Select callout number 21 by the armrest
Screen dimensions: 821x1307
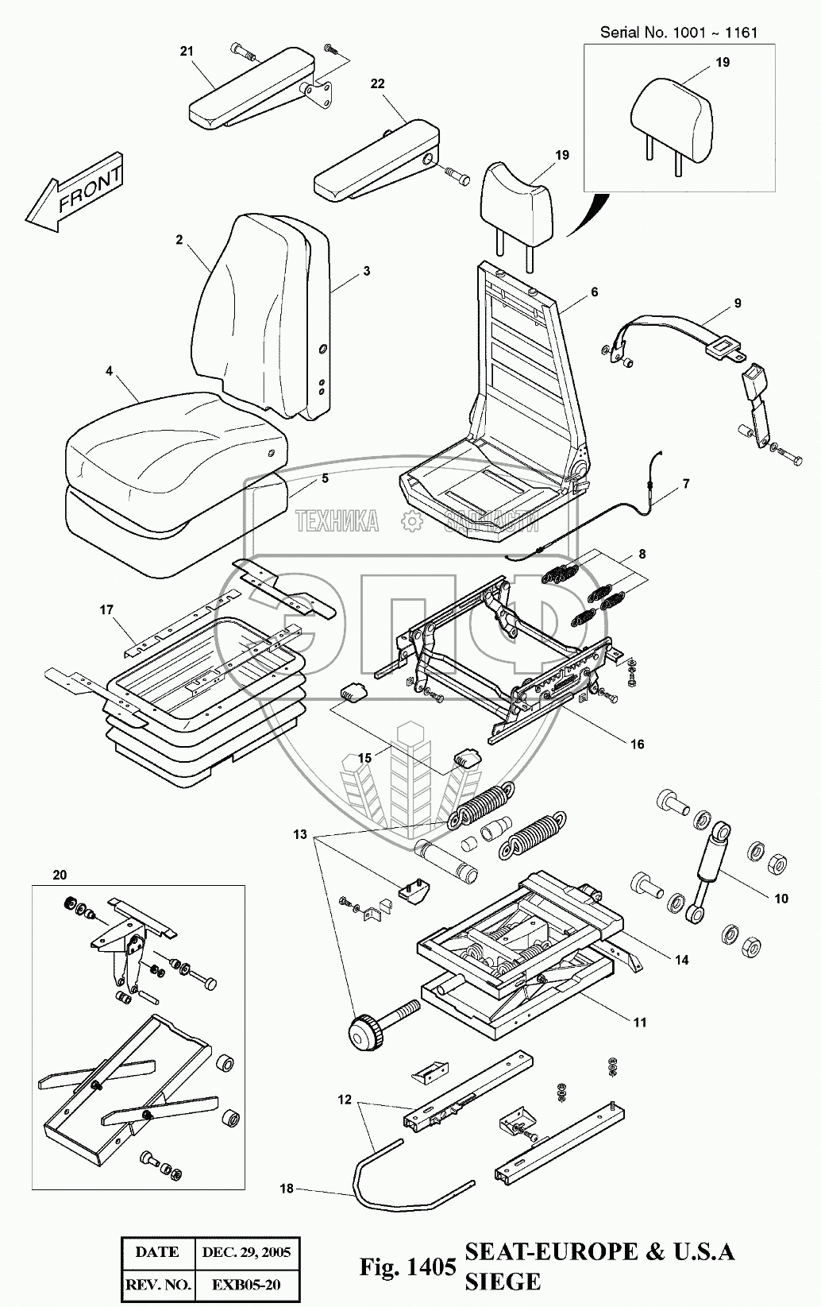186,52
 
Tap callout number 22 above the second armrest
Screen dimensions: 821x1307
377,84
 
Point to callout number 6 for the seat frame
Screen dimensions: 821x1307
594,292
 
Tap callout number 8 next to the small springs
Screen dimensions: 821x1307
642,555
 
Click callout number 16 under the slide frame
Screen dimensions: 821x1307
638,744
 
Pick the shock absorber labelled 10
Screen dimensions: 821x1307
708,872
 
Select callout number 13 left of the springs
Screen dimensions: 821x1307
299,835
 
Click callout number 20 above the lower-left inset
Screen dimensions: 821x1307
60,876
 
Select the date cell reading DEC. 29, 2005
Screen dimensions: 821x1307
246,1252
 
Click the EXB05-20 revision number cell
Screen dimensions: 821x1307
246,1285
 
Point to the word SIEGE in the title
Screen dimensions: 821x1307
503,1282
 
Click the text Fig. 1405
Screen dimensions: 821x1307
407,1266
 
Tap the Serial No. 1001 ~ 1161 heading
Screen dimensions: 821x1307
679,33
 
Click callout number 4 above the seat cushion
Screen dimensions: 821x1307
109,371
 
